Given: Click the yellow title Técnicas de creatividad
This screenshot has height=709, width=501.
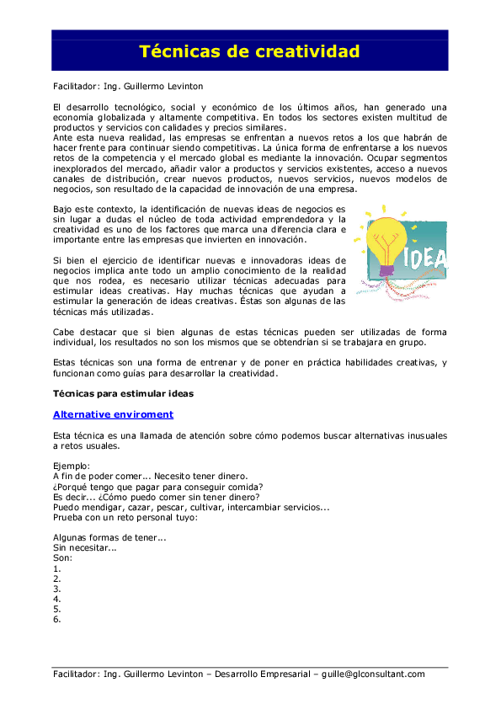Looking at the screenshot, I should tap(249, 52).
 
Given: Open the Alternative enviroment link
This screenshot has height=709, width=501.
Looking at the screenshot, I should tap(113, 414).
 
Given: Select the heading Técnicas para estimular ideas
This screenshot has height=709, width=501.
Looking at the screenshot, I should tap(123, 393).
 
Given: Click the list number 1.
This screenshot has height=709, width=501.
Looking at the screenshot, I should tap(56, 568).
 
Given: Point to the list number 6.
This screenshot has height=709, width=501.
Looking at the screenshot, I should tap(56, 620).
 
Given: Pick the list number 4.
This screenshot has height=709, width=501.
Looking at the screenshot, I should tap(56, 600).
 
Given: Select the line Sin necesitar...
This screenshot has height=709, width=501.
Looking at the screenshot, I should tap(84, 548).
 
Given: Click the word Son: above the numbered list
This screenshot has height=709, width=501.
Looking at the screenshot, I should tap(62, 558).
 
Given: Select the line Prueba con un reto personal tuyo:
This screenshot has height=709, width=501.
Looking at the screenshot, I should tap(125, 517).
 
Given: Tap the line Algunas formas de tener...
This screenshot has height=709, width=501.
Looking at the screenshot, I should tap(109, 538).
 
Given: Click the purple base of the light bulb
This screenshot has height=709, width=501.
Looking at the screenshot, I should tap(386, 270).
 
